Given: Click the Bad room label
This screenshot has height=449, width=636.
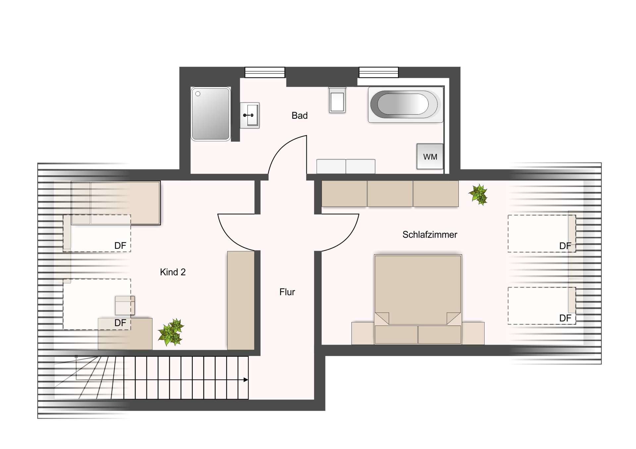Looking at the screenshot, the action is [299, 115].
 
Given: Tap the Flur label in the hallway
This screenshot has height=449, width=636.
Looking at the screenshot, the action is [287, 292].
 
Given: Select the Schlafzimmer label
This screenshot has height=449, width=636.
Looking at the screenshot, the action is [430, 235].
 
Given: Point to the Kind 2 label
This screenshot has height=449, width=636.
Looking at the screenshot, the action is [173, 272].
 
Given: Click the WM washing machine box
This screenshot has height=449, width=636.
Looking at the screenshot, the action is [430, 157].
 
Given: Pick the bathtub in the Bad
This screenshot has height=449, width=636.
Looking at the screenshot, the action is [405, 105].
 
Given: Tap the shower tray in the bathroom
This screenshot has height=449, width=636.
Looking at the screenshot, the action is [211, 114].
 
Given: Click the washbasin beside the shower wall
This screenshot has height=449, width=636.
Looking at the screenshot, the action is [249, 115].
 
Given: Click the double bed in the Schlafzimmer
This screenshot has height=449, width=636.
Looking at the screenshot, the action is [418, 299].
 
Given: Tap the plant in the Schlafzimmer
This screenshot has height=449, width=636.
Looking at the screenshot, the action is [478, 195].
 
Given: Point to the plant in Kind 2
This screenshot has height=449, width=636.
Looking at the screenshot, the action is [171, 332].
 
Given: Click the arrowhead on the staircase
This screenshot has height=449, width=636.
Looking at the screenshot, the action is [246, 380].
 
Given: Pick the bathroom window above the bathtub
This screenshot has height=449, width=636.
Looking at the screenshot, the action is [379, 72].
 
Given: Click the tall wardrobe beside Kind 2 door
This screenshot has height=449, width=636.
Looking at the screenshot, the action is [241, 300].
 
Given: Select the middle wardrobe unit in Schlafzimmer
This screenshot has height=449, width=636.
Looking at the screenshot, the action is [390, 194].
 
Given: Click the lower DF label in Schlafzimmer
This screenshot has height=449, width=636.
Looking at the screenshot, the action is [565, 318].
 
